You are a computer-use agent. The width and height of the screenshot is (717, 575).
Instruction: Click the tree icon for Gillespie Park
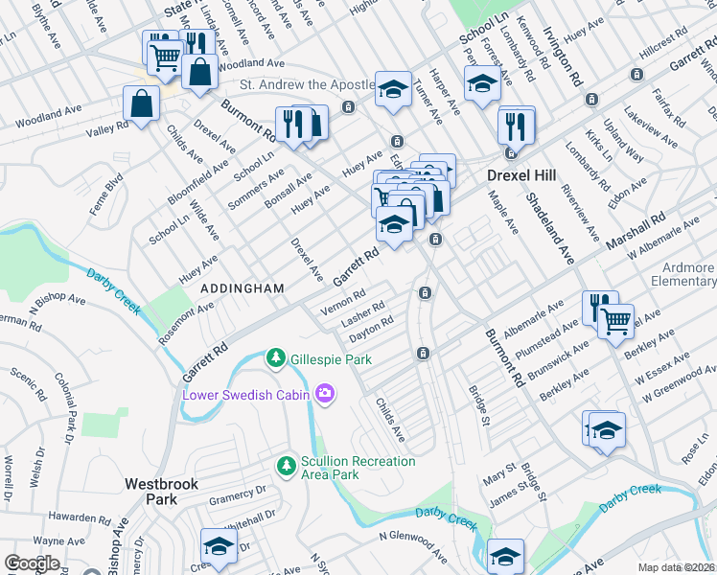[x=276, y=357]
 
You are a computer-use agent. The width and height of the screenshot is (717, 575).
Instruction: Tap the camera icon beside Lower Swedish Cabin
[x=326, y=394]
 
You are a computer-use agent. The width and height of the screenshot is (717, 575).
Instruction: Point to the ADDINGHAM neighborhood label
[x=242, y=288]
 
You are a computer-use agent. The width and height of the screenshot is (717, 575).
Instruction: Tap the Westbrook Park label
[x=161, y=492]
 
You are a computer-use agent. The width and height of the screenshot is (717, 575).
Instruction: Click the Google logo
[x=32, y=563]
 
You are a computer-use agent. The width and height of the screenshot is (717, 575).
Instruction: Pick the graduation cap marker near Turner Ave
[x=393, y=89]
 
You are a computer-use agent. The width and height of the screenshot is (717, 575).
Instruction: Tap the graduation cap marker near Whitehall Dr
[x=219, y=546]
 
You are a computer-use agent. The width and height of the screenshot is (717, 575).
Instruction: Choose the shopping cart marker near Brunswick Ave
[x=615, y=319]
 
